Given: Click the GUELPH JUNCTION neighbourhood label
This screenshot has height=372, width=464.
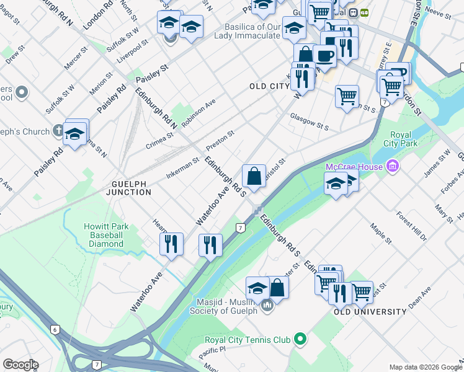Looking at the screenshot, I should click(131, 188).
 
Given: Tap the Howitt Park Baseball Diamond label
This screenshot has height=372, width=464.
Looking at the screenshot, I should click(106, 235).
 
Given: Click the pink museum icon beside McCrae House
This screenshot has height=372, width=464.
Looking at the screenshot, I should click(391, 166).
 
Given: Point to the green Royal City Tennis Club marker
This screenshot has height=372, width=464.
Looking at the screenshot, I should click(301, 339).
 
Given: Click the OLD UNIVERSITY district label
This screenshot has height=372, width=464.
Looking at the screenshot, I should click(370, 312).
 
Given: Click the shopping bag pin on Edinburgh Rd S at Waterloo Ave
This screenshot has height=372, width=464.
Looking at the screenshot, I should click(254, 177).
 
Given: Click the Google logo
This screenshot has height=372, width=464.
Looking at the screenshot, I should click(20, 364).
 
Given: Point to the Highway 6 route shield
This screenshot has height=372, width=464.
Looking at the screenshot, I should click(55, 329).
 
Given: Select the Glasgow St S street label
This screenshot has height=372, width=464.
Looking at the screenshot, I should click(309, 121).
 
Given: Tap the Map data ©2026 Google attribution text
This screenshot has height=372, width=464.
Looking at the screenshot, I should click(424, 367).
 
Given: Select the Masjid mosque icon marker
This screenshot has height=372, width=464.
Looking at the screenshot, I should click(267, 305).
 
